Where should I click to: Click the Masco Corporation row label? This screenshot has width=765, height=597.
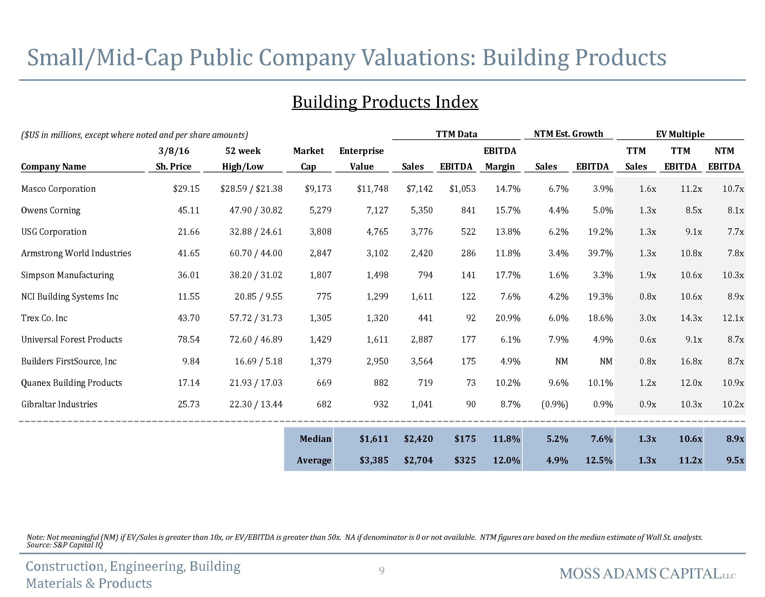pos(58,189)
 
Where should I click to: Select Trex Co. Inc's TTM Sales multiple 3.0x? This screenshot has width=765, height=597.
pos(648,318)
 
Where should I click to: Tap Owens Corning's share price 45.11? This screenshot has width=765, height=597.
pos(188,210)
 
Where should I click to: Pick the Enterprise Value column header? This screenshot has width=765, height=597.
pos(361,159)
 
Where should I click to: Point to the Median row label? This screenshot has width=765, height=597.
pos(315,439)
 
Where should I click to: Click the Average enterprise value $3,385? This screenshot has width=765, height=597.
pos(374,460)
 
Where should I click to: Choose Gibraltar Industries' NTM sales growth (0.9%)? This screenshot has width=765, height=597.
pos(554,404)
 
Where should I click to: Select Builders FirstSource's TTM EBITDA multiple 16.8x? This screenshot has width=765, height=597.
pos(691,361)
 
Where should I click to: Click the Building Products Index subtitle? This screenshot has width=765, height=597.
pos(385,102)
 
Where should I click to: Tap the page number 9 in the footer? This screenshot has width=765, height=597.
pos(382,570)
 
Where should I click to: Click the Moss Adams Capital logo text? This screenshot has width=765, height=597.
pos(647,574)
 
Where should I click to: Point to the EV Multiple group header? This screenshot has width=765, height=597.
pos(680,134)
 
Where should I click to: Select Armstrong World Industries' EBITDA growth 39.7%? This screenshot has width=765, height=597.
pos(600,253)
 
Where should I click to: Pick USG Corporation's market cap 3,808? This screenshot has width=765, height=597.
pos(320,232)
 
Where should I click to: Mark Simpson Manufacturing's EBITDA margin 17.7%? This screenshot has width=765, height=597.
pos(508,275)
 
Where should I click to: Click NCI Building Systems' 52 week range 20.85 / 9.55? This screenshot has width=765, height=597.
pos(258,297)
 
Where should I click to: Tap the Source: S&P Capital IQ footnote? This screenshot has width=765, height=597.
pos(65,545)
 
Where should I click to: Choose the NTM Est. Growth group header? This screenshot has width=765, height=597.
pos(568,134)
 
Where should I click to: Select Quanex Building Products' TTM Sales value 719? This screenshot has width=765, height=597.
pos(425,383)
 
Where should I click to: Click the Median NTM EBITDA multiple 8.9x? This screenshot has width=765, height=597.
pos(735,439)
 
